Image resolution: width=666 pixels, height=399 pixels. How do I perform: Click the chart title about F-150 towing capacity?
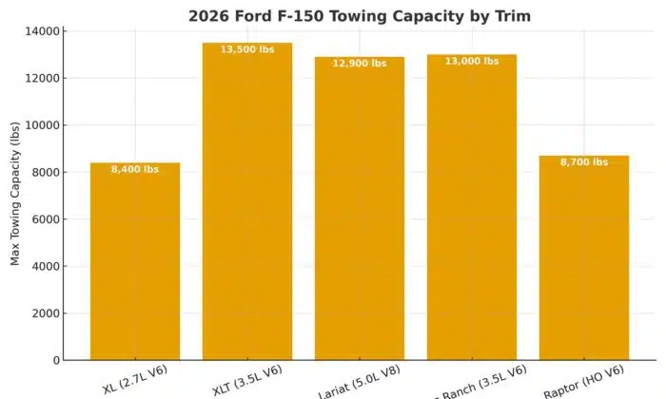(359, 15)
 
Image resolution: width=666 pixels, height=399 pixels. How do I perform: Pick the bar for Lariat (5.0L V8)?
(360, 209)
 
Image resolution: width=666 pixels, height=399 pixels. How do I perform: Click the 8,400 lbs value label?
(135, 170)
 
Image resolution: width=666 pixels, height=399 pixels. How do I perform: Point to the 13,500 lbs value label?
(247, 49)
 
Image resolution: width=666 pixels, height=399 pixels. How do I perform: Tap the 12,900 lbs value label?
(360, 64)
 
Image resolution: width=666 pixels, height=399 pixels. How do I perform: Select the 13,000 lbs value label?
(472, 62)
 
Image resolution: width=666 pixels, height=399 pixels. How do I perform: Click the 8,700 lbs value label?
(583, 162)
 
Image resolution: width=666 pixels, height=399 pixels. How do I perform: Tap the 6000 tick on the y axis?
(48, 219)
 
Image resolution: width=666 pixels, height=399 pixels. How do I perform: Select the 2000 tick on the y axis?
(48, 313)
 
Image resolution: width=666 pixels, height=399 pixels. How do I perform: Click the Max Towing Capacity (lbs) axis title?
(15, 196)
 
